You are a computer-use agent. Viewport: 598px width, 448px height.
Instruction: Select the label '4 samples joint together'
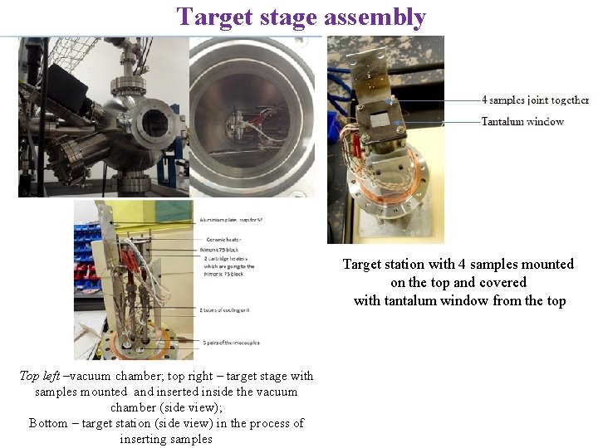(535, 100)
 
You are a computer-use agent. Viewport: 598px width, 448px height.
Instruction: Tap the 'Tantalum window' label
(522, 122)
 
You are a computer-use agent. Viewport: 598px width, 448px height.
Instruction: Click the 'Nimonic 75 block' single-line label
(223, 249)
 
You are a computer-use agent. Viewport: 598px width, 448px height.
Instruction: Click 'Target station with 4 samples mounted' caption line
(458, 264)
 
